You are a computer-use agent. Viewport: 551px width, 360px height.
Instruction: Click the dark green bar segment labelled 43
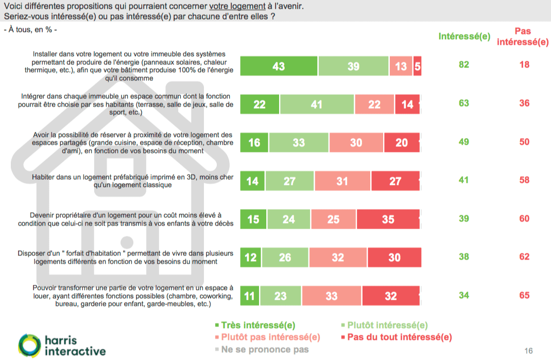[x=279, y=66]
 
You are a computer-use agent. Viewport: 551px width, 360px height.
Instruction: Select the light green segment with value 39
[x=353, y=66]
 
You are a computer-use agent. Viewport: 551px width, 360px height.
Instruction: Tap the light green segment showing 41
[x=316, y=105]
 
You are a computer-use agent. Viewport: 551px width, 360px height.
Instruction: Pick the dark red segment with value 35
[x=388, y=219]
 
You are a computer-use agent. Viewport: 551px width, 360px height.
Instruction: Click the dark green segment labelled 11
[x=250, y=296]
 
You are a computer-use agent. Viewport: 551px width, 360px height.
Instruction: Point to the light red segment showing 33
[x=332, y=296]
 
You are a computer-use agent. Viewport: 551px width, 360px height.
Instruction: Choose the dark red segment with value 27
[x=395, y=181]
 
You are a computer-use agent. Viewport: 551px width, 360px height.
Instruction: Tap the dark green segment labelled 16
[x=254, y=143]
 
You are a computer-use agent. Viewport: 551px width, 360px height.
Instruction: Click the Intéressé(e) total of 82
[x=464, y=65]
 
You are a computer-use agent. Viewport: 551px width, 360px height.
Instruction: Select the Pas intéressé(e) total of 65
[x=524, y=296]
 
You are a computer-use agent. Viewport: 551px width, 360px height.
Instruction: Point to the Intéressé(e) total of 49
[x=464, y=142]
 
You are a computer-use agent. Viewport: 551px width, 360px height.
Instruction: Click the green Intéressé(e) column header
[x=464, y=37]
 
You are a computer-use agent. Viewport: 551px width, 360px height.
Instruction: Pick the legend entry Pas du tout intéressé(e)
[x=396, y=337]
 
